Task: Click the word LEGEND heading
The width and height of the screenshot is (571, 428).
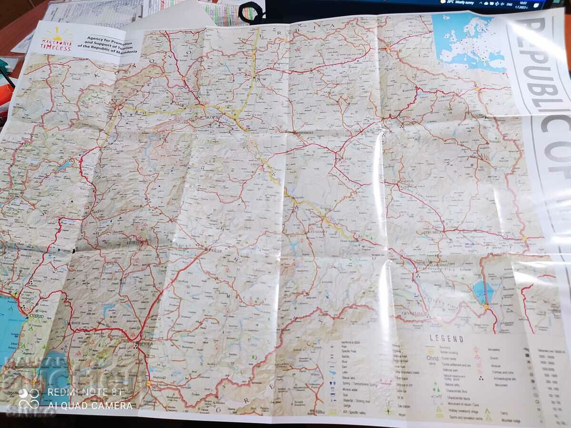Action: tap(446, 339)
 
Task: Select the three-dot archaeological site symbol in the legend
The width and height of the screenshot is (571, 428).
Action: tap(482, 379)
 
